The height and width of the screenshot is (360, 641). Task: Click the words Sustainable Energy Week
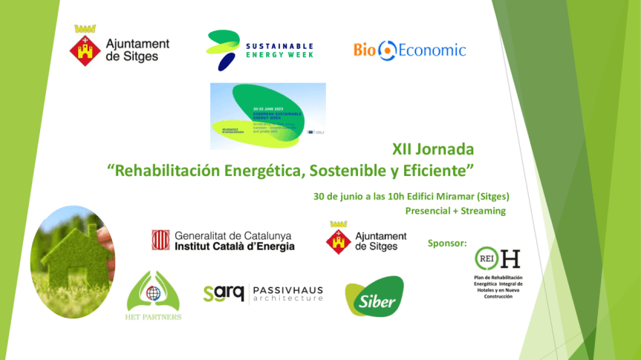click(x=279, y=50)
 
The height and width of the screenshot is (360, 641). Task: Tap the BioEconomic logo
click(x=409, y=50)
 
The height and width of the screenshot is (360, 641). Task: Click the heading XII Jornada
click(x=432, y=148)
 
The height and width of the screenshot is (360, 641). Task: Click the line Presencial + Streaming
click(x=455, y=211)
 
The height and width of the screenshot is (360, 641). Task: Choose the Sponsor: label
click(x=447, y=243)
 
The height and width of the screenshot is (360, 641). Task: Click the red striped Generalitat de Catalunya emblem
click(x=160, y=239)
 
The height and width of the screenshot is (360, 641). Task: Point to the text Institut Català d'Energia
click(x=234, y=246)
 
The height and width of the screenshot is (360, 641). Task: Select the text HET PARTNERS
click(x=154, y=317)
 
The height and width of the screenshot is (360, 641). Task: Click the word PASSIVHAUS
click(x=288, y=289)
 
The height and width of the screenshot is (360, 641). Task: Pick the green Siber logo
click(x=374, y=298)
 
